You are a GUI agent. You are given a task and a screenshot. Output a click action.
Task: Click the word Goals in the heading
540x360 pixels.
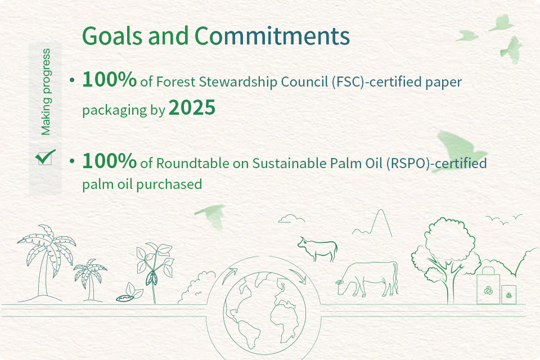tap(112, 36)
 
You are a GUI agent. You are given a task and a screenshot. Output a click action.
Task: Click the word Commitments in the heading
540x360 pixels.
tap(272, 36)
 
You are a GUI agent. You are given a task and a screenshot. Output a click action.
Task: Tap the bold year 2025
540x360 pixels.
tap(192, 107)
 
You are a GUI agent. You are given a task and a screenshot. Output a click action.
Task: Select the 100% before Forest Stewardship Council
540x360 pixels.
tap(110, 79)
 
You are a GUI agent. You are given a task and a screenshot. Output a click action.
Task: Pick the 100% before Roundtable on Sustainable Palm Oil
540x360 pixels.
tap(110, 160)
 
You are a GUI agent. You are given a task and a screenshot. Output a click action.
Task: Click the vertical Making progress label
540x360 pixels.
tap(46, 92)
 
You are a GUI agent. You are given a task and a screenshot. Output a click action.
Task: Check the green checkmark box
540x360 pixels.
tap(45, 157)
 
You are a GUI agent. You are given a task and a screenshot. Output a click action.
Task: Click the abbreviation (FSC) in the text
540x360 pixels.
tap(348, 82)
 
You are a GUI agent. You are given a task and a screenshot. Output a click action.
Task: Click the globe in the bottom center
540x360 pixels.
tap(264, 313)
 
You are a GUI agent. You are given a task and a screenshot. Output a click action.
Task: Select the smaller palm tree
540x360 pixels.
tap(90, 280)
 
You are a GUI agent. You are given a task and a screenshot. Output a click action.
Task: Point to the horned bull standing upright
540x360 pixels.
tap(317, 249)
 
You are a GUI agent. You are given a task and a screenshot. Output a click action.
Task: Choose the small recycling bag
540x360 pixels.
tap(508, 295)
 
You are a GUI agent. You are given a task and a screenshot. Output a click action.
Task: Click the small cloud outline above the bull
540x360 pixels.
tap(291, 218)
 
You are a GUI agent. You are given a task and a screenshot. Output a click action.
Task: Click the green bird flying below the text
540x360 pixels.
tap(211, 215)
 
